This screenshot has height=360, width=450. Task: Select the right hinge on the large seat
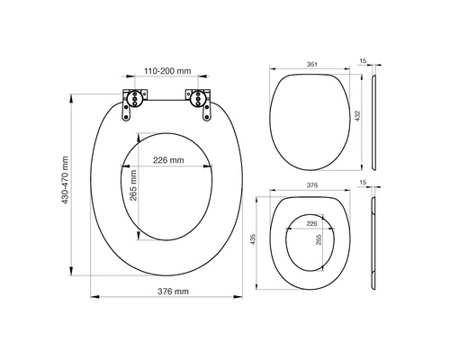pos(199,100)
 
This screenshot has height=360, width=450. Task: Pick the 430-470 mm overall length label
pos(65,187)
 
